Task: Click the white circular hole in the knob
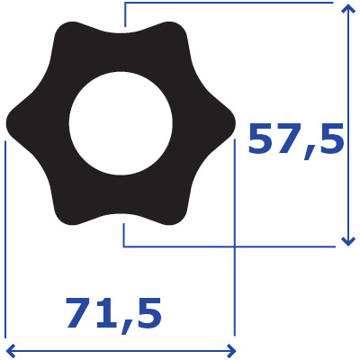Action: (x=121, y=123)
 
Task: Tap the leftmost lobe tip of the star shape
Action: (x=6, y=123)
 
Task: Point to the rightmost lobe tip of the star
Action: (x=236, y=123)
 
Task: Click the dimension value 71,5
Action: (x=114, y=314)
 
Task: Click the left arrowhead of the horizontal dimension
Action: (x=9, y=350)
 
